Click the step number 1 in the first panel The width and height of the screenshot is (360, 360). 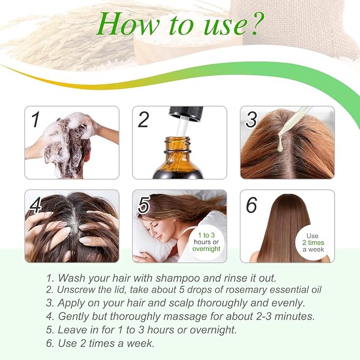tap(36, 119)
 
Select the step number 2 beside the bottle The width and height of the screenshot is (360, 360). tap(143, 119)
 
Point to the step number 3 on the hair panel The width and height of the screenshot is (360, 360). tap(251, 119)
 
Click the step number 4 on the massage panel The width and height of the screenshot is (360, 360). tap(36, 205)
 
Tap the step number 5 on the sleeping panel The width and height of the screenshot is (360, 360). tap(144, 205)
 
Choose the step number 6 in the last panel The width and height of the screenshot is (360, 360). tap(251, 205)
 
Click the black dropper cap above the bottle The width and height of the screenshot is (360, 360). tap(186, 113)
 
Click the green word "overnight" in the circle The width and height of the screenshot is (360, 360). tap(206, 249)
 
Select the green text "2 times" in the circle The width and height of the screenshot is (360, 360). tap(313, 242)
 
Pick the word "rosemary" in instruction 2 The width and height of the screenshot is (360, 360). tap(245, 289)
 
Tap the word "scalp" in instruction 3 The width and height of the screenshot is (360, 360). tap(181, 303)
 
